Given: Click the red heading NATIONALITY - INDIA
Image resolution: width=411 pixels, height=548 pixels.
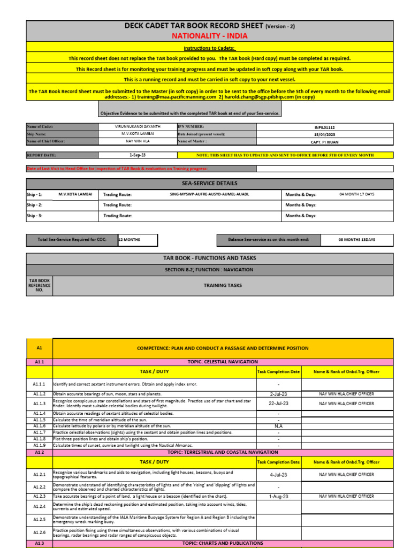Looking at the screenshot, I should (209, 36).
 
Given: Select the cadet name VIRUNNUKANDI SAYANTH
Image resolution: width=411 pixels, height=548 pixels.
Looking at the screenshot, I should (138, 127).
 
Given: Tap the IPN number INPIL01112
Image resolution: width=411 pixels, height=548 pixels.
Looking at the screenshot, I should (325, 127).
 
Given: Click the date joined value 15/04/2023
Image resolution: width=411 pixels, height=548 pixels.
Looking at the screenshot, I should (325, 134).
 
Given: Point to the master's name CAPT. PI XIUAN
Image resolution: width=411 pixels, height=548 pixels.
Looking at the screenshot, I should (325, 142).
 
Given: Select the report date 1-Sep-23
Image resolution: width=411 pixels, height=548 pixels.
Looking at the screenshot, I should (138, 155).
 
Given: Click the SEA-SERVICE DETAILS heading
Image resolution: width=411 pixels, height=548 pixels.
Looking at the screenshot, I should (209, 183).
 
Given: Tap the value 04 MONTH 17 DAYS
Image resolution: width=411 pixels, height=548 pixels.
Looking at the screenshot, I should (356, 194).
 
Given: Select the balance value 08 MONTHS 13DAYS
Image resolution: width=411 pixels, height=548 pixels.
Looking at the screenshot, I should (356, 240).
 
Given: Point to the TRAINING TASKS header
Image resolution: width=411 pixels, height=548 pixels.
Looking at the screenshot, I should (223, 285).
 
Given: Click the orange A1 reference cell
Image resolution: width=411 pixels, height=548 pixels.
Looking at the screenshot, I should (39, 348).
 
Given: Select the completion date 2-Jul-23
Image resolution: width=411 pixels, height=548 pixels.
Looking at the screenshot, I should (278, 394).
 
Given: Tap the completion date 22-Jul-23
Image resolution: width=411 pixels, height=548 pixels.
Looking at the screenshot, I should (278, 404).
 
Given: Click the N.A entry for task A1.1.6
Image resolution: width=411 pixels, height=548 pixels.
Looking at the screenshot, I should (278, 427).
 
